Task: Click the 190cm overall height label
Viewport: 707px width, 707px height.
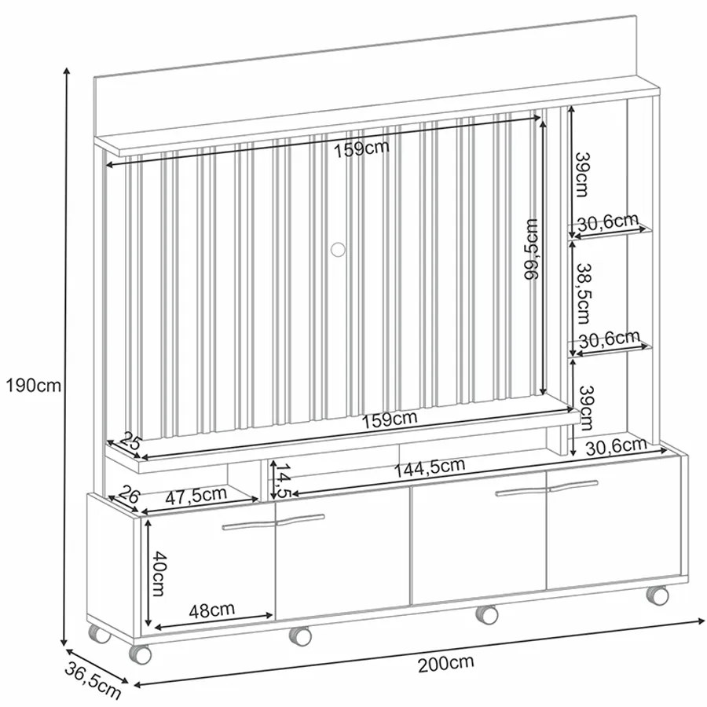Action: pyautogui.click(x=33, y=386)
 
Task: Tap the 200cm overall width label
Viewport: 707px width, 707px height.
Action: pyautogui.click(x=445, y=664)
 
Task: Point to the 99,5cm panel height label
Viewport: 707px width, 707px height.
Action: pyautogui.click(x=533, y=249)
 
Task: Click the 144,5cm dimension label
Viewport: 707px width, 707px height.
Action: pyautogui.click(x=429, y=468)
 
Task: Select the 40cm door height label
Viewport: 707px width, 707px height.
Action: pyautogui.click(x=157, y=573)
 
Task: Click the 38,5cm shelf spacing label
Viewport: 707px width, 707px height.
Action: pyautogui.click(x=581, y=294)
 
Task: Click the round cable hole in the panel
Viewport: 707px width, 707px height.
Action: pyautogui.click(x=337, y=249)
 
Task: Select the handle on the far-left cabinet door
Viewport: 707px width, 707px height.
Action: pyautogui.click(x=249, y=526)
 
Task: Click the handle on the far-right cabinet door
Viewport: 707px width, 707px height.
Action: pyautogui.click(x=573, y=485)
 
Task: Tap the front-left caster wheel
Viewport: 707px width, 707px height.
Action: pyautogui.click(x=140, y=654)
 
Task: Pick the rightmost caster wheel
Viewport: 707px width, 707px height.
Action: pyautogui.click(x=657, y=595)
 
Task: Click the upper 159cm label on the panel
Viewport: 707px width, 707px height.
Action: pyautogui.click(x=361, y=148)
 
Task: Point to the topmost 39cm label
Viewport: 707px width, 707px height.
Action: pyautogui.click(x=581, y=174)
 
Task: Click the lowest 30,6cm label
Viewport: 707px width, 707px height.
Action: pyautogui.click(x=617, y=447)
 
